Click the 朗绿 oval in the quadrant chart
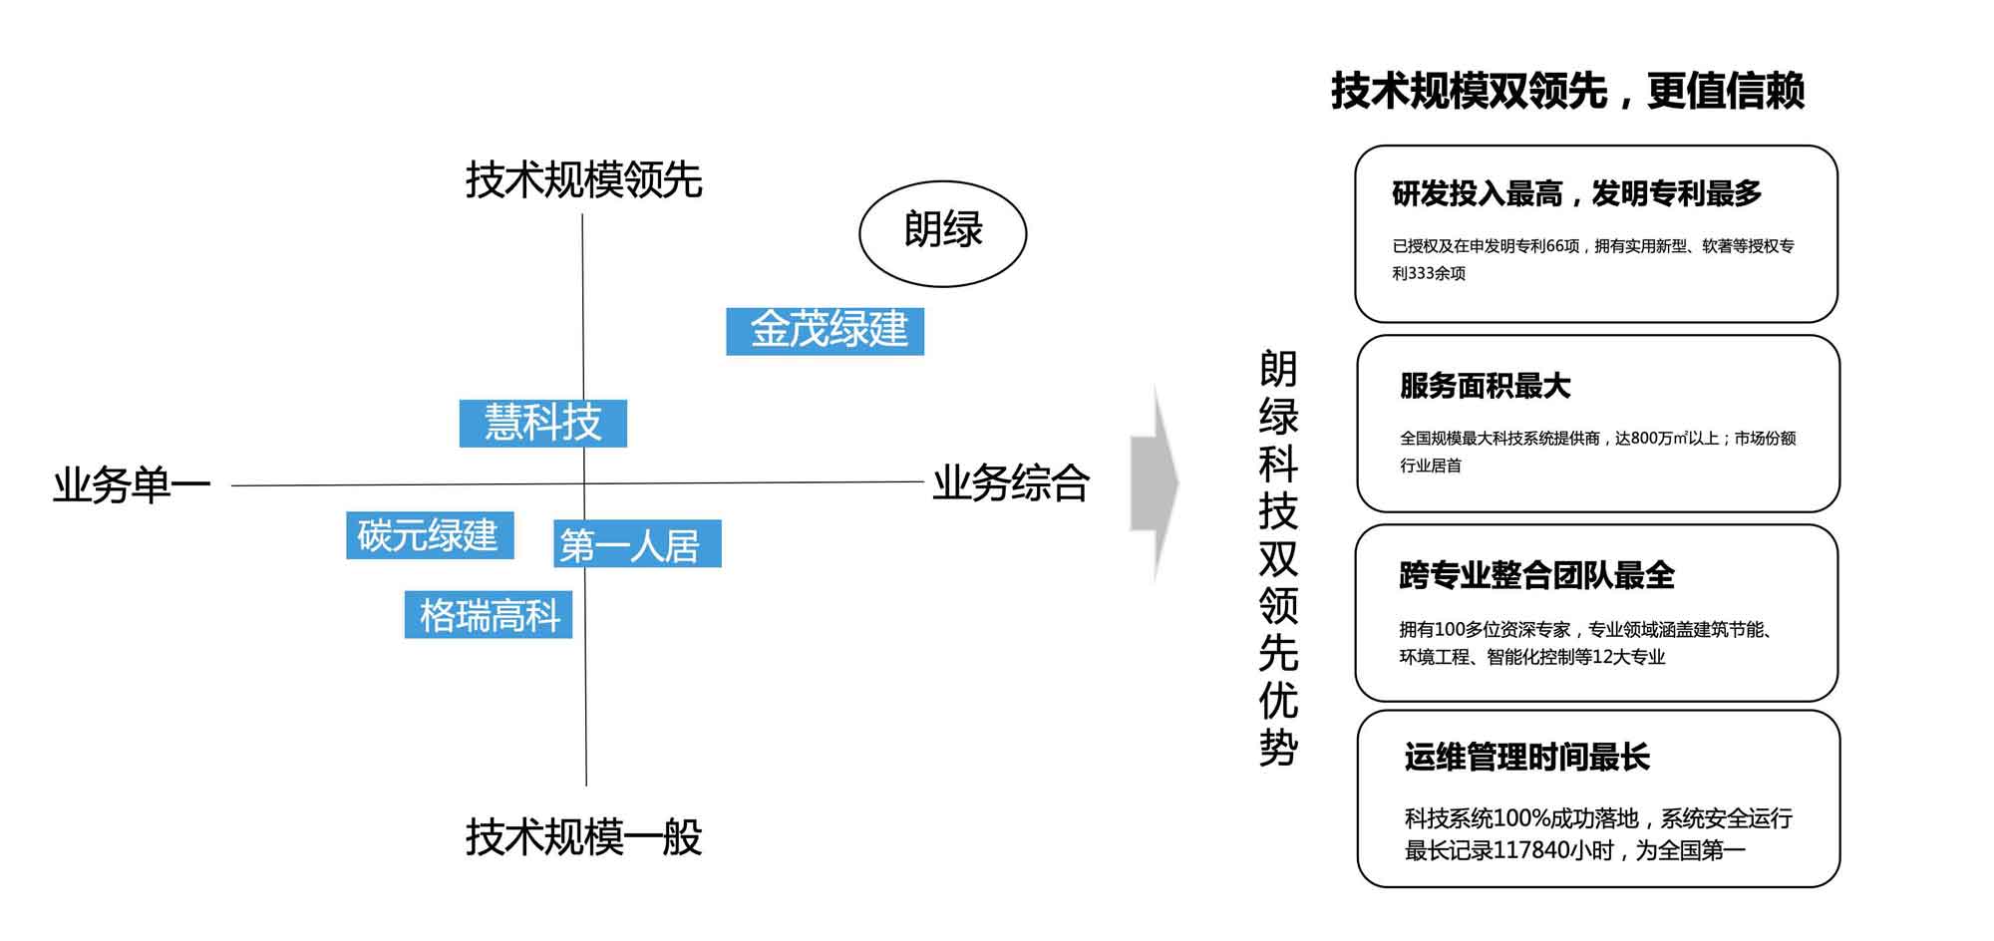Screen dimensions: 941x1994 (x=942, y=233)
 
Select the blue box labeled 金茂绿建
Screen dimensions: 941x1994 (x=825, y=331)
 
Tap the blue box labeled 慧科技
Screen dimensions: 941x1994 (x=542, y=423)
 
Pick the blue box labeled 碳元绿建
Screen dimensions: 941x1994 (x=430, y=535)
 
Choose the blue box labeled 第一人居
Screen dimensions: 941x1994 (x=637, y=544)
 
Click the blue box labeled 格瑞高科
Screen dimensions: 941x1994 (x=488, y=614)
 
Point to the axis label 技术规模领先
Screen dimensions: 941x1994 (x=583, y=180)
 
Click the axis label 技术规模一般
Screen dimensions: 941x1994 (x=583, y=837)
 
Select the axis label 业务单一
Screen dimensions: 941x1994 (x=132, y=485)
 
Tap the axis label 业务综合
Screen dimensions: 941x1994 (x=1010, y=483)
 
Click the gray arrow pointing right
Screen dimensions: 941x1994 (x=1154, y=483)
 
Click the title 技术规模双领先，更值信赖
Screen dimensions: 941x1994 (x=1567, y=91)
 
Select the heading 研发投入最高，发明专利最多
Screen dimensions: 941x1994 (x=1576, y=193)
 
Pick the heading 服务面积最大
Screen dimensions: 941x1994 (x=1485, y=386)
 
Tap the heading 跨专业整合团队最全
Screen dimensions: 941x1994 (x=1536, y=575)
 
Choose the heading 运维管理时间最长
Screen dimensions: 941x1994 (x=1526, y=758)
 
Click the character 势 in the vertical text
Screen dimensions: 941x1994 (x=1278, y=748)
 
